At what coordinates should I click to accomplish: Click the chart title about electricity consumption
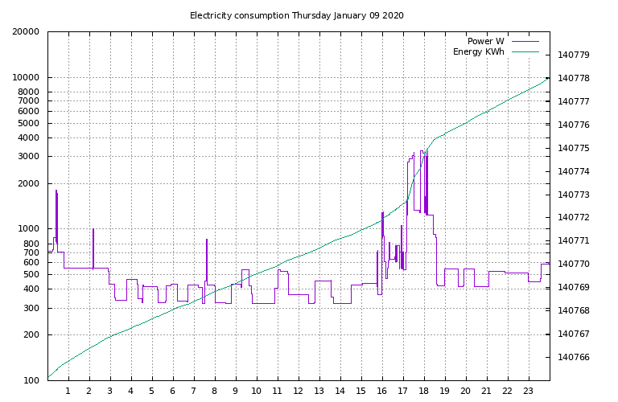pyautogui.click(x=296, y=15)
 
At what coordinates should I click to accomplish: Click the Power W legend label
pyautogui.click(x=485, y=41)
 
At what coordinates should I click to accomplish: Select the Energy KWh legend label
pyautogui.click(x=479, y=52)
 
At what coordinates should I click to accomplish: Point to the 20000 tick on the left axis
pyautogui.click(x=26, y=32)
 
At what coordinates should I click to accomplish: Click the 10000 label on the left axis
pyautogui.click(x=26, y=78)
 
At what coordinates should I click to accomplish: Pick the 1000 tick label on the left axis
pyautogui.click(x=28, y=229)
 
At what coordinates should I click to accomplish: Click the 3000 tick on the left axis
pyautogui.click(x=28, y=157)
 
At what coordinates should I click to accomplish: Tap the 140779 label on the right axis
pyautogui.click(x=574, y=55)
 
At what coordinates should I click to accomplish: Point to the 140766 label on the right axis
pyautogui.click(x=574, y=358)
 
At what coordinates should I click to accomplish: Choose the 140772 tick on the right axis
pyautogui.click(x=574, y=218)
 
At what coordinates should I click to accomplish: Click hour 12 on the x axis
pyautogui.click(x=299, y=392)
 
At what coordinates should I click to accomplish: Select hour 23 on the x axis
pyautogui.click(x=529, y=392)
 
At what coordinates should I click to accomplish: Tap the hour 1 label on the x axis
pyautogui.click(x=68, y=392)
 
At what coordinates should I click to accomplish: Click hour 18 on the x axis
pyautogui.click(x=424, y=392)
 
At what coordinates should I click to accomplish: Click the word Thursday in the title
pyautogui.click(x=311, y=15)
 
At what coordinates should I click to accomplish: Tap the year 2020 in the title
pyautogui.click(x=393, y=15)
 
